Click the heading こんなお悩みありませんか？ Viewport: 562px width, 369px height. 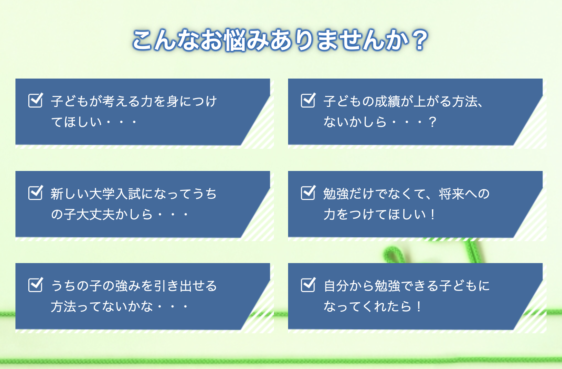(280, 40)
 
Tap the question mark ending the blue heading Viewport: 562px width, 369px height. (420, 40)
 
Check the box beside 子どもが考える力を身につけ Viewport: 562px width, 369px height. (36, 100)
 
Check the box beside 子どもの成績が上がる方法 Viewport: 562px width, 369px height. (308, 100)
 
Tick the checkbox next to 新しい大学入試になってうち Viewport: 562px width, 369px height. (36, 193)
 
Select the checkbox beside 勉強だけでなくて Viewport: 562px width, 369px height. (308, 193)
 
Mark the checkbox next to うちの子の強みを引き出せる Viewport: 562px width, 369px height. (36, 285)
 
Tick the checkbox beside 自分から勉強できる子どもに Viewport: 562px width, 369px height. (308, 285)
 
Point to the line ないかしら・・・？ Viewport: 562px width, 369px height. (380, 122)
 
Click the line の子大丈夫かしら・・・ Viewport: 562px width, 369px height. (119, 214)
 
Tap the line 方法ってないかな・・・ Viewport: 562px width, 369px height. (119, 307)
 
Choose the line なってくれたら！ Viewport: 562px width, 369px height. (373, 307)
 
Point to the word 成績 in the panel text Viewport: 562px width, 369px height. (388, 101)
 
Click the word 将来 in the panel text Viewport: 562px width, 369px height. (452, 194)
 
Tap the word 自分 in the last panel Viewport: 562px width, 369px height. (336, 286)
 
